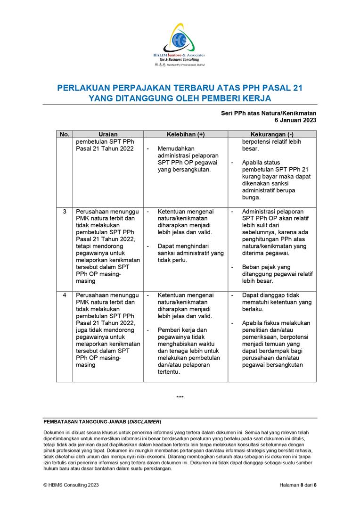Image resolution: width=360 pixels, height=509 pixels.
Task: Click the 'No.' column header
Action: [x=64, y=134]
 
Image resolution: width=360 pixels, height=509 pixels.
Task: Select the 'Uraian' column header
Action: [x=108, y=134]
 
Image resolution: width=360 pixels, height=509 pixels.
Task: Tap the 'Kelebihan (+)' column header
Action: [x=186, y=134]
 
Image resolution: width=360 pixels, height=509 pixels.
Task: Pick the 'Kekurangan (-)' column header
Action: [x=272, y=134]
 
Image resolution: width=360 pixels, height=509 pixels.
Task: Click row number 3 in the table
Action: [x=64, y=212]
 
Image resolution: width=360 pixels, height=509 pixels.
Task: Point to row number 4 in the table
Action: [x=64, y=295]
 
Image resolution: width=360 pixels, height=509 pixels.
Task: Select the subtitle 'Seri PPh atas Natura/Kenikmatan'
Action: [x=269, y=113]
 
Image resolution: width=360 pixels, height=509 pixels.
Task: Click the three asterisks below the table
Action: [x=180, y=397]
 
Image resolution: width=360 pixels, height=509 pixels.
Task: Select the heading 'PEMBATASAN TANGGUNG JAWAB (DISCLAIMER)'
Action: [x=102, y=421]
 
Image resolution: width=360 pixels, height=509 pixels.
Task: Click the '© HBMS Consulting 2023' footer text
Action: [x=71, y=485]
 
